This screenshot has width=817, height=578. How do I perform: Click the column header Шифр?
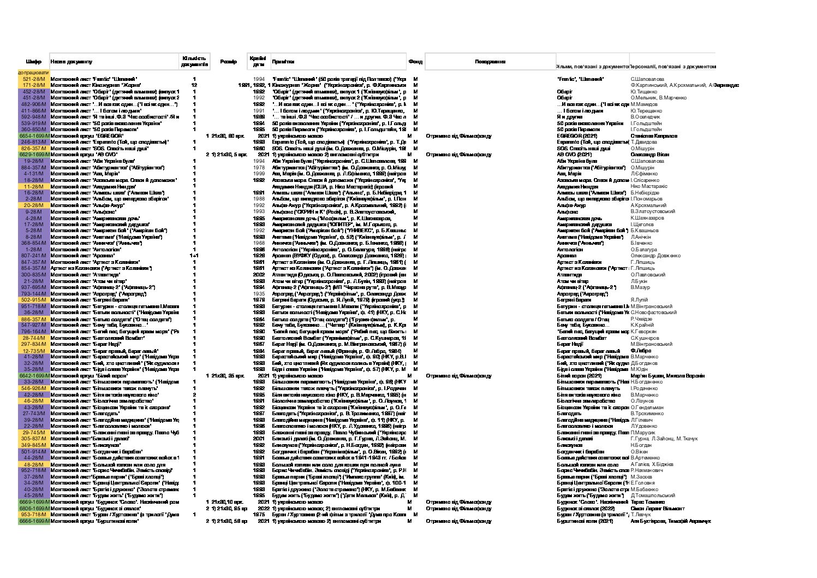(33, 62)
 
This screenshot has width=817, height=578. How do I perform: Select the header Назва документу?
(72, 62)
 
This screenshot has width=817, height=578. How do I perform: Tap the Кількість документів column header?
(194, 61)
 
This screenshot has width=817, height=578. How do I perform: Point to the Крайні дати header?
(258, 61)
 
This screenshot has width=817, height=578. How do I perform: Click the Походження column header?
(490, 62)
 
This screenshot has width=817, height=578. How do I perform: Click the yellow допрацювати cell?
(33, 72)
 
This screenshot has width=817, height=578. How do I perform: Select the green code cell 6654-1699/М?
(34, 135)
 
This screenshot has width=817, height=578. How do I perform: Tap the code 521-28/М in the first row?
(34, 79)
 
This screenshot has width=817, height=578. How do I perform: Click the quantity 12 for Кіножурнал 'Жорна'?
(194, 85)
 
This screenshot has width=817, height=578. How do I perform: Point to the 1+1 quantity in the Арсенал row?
(194, 256)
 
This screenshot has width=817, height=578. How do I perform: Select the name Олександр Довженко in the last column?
(655, 256)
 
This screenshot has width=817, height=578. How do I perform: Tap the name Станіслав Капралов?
(654, 135)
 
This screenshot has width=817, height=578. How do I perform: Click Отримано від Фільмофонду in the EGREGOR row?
(458, 135)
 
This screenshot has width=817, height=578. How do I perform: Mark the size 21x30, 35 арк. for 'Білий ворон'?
(227, 376)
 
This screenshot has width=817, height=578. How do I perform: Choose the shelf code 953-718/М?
(34, 515)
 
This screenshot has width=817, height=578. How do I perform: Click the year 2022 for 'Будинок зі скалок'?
(263, 508)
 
